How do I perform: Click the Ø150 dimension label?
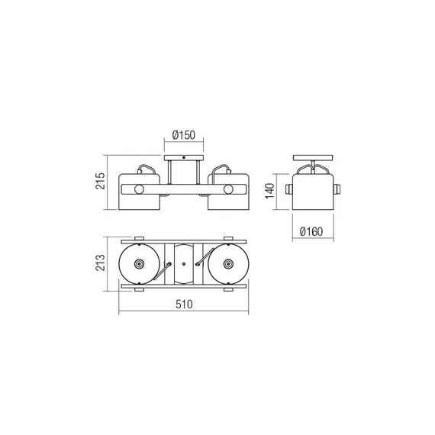pos(184,135)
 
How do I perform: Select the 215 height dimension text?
pos(101,181)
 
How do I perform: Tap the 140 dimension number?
pos(269,191)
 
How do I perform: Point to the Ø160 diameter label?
pos(311,231)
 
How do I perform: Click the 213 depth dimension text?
pos(101,263)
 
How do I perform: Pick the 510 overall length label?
pos(184,304)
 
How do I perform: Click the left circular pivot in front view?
pos(139,189)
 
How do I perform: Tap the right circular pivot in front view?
pos(228,189)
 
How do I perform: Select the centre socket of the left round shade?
pos(139,263)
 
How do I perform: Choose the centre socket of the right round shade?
pos(228,263)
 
